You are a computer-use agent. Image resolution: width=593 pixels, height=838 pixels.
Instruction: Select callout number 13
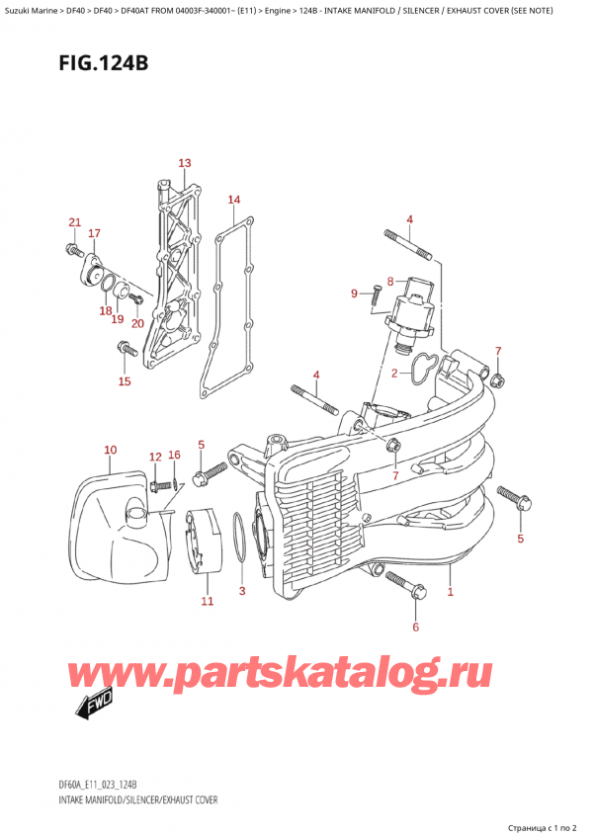(x=184, y=163)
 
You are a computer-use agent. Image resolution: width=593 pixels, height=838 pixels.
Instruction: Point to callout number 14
(x=233, y=201)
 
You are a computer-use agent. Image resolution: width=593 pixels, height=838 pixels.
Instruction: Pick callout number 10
(x=109, y=451)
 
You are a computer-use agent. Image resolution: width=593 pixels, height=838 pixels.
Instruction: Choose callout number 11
(x=207, y=601)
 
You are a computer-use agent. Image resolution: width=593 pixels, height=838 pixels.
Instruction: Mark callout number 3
(x=242, y=591)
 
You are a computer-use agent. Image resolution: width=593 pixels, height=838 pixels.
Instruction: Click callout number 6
(x=415, y=627)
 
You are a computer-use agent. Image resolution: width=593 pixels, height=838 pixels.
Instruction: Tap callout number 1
(x=451, y=592)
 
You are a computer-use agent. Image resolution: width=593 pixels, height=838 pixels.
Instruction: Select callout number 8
(x=390, y=281)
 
